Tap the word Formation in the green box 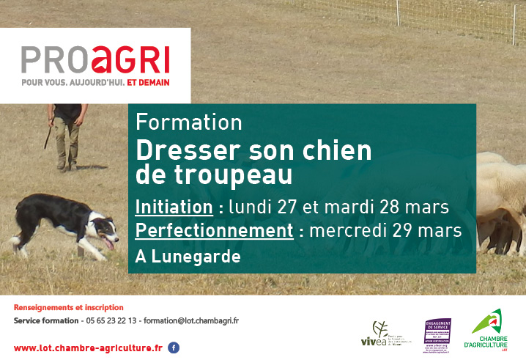pos(189,122)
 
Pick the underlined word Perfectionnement pos(215,231)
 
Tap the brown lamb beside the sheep pos(500,227)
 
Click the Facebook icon pos(174,348)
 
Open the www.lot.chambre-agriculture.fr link pos(88,348)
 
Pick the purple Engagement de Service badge pos(438,335)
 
